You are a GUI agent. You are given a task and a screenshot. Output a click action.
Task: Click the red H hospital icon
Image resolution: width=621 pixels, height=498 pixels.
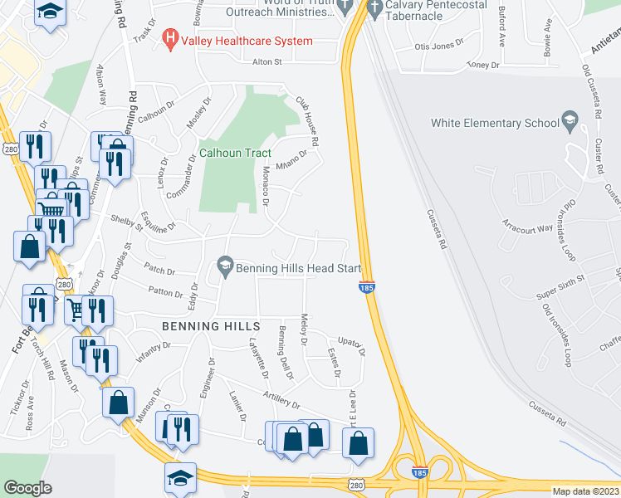click(171, 38)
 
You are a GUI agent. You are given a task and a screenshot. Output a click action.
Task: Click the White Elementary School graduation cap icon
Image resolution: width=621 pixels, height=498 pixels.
click(570, 122)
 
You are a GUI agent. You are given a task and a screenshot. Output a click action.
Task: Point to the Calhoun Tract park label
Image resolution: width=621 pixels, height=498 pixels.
click(235, 153)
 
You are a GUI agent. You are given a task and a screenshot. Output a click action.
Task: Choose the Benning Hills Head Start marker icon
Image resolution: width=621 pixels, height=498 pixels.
click(224, 266)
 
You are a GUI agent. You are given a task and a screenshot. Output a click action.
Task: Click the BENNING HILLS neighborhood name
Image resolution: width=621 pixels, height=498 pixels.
click(211, 326)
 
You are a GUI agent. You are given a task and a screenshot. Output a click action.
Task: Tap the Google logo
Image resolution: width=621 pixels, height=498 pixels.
click(27, 488)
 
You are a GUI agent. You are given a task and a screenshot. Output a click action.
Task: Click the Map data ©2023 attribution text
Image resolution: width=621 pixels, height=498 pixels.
click(586, 491)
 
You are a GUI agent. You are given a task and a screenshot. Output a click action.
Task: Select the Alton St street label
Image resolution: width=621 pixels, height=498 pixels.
click(268, 61)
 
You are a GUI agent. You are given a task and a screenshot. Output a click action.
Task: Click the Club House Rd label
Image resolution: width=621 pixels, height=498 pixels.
click(307, 123)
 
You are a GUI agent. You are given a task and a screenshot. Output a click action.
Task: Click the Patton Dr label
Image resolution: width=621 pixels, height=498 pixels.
click(166, 292)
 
